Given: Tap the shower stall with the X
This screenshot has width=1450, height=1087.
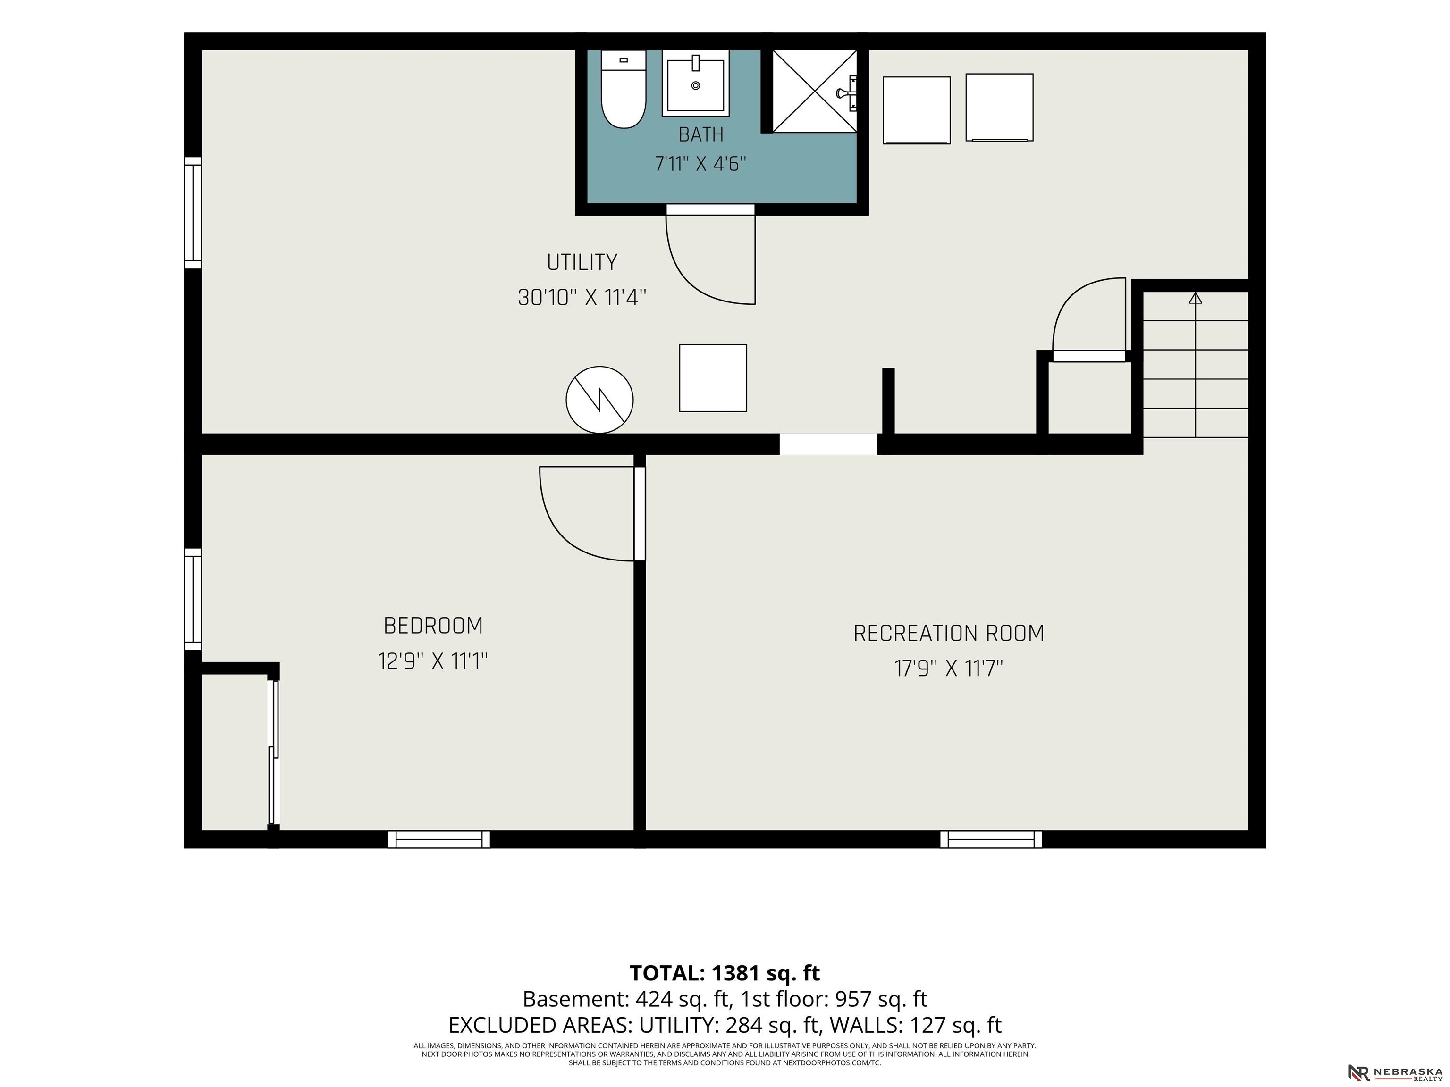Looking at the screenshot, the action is click(x=815, y=91).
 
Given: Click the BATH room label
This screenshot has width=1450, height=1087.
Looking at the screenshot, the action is click(x=701, y=134).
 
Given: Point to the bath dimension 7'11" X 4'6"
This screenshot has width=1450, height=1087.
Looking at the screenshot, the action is click(x=701, y=163).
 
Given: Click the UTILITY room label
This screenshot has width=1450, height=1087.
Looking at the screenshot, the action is click(x=582, y=262).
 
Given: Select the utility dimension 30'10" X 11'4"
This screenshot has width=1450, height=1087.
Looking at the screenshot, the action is click(x=582, y=298).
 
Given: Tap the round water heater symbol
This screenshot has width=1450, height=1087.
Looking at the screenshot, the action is click(x=599, y=400).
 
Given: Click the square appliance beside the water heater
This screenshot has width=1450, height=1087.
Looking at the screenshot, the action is click(x=713, y=378).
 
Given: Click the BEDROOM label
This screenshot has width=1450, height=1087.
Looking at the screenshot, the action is click(x=433, y=626).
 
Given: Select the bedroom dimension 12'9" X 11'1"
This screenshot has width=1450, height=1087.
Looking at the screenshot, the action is click(x=433, y=661).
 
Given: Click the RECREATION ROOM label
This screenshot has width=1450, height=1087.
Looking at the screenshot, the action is click(x=949, y=633).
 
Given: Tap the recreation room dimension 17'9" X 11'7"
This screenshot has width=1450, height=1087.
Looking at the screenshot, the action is click(x=949, y=669).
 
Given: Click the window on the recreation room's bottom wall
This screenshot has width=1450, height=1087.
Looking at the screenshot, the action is click(x=990, y=839).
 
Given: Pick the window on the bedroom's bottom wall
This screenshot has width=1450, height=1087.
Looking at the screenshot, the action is click(x=438, y=839).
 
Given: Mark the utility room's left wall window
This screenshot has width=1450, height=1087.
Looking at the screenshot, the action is click(x=193, y=213).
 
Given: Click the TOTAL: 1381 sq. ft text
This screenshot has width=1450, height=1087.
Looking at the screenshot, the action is click(x=725, y=973).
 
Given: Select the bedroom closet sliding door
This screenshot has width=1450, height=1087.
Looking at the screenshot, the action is click(x=274, y=753).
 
